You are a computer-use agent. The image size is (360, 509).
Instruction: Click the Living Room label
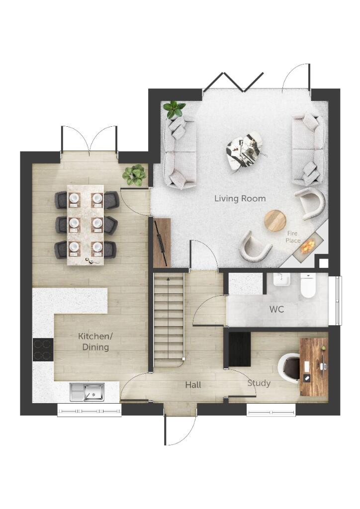click(x=240, y=198)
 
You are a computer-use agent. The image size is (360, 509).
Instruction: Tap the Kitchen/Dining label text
click(x=95, y=341)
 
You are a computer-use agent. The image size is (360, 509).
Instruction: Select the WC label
click(x=276, y=309)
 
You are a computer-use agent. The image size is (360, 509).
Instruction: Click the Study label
click(x=259, y=383)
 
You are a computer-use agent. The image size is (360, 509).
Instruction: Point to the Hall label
click(x=193, y=385)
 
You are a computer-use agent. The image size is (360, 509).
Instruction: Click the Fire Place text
click(x=293, y=237)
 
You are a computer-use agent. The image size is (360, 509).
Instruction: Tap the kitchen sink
click(x=88, y=392)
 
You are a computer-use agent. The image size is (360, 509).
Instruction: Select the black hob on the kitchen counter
click(x=43, y=349)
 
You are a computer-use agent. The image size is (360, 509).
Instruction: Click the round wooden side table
click(x=275, y=220)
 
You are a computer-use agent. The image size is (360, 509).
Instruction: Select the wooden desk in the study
click(x=314, y=367)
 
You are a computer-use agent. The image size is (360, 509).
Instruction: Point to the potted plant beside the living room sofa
click(x=174, y=108)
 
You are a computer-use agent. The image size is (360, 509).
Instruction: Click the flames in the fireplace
click(x=309, y=244)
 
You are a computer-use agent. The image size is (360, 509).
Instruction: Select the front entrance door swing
click(x=180, y=430)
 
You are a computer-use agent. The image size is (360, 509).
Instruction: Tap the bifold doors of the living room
click(x=233, y=82)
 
